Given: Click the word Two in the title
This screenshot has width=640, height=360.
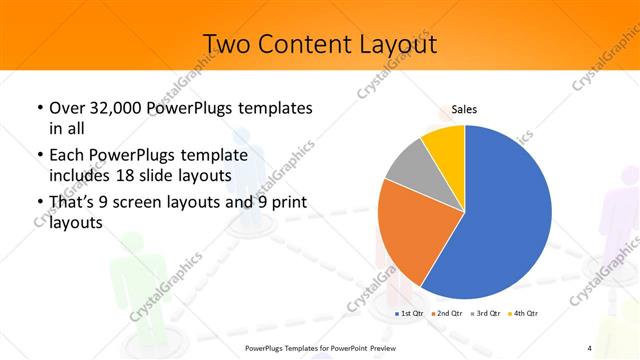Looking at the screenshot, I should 226,44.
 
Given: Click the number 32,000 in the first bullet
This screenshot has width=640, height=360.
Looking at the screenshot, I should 109,108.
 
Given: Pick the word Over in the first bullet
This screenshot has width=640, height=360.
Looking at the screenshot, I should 67,108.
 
